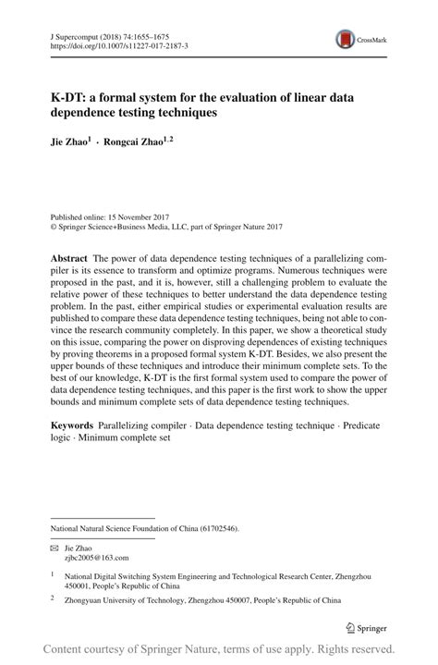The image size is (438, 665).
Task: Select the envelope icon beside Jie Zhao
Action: click(55, 548)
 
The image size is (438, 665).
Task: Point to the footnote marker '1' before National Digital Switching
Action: click(54, 574)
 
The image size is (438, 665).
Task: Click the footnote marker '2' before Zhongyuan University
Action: click(54, 598)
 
